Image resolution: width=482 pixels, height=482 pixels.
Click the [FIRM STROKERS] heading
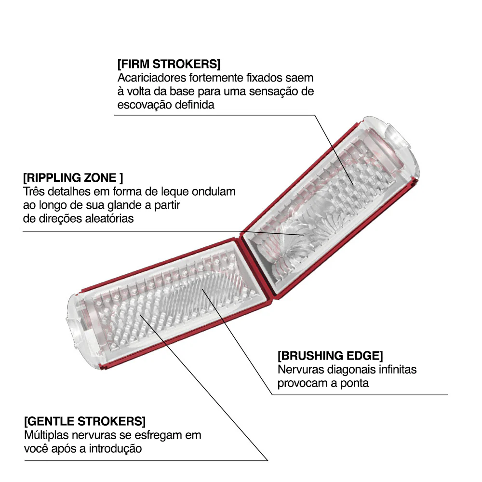169,64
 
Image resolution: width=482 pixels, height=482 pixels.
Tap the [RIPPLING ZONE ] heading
73,178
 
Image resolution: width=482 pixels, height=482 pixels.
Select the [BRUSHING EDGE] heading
330,356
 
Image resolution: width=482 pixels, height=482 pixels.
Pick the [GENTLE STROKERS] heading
85,421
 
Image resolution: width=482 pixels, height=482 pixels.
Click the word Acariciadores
152,78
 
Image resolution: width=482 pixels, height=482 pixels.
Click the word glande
125,205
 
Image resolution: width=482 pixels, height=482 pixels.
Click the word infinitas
398,370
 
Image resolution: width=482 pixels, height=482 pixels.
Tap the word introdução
115,449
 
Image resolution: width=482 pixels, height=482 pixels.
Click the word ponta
354,383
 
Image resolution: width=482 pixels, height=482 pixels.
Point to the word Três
34,191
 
